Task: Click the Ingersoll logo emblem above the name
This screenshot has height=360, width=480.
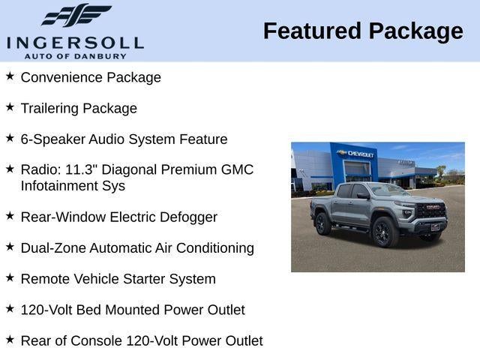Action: tap(76, 16)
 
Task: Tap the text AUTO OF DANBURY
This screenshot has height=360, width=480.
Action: tap(75, 55)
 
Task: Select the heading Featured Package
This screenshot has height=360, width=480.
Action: tap(363, 31)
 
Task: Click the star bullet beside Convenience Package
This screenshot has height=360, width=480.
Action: tap(10, 76)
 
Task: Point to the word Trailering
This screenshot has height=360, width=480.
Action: tap(49, 108)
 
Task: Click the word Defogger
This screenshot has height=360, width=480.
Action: tap(188, 217)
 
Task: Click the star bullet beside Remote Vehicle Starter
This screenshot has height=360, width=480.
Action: tap(10, 278)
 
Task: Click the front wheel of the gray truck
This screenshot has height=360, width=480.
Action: tap(385, 232)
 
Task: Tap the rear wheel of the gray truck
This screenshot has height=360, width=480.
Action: tap(322, 223)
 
